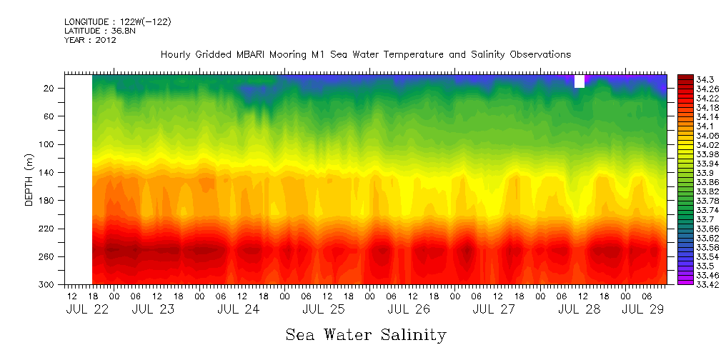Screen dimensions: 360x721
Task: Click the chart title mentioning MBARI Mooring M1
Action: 365,55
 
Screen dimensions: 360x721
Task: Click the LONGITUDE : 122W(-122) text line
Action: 117,22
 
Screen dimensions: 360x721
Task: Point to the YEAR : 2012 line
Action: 90,41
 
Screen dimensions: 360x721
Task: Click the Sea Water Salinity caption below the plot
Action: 366,334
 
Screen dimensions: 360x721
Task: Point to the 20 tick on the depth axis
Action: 50,88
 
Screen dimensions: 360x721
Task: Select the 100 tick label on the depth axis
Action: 48,144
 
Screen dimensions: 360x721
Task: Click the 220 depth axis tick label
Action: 48,229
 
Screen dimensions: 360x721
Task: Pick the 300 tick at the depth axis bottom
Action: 48,284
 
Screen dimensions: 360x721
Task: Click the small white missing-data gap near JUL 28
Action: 579,81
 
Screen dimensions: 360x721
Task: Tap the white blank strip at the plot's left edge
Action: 79,179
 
